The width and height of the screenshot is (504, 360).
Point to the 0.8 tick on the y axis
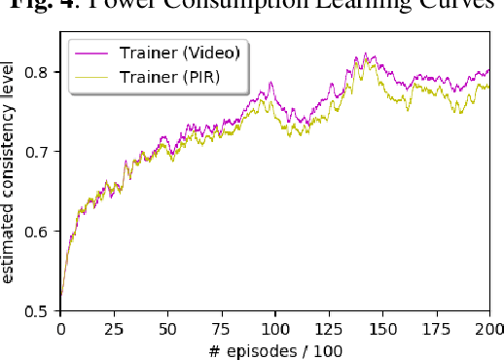coord(42,73)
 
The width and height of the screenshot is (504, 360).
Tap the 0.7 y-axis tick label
coord(42,153)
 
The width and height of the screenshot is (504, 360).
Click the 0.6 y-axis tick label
coord(42,232)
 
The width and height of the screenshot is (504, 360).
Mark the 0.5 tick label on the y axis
coord(42,311)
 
